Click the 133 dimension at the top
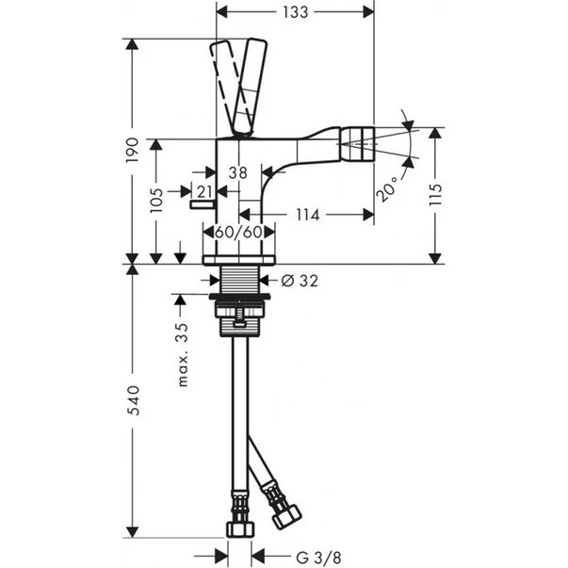tap(296, 12)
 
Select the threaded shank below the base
tap(239, 279)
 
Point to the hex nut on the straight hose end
tap(240, 525)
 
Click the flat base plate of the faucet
tap(240, 258)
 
